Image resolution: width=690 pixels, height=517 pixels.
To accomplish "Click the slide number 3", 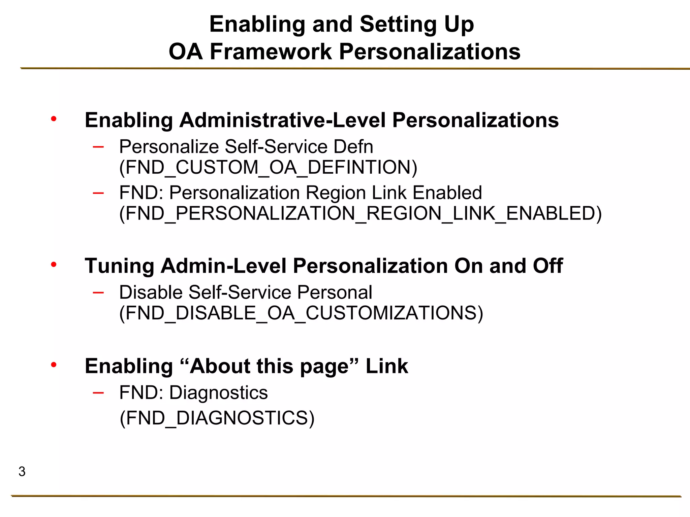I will click(x=22, y=472).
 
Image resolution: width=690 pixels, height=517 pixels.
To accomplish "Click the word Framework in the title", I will click(x=271, y=52).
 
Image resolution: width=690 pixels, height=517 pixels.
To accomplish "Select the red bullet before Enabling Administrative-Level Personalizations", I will click(x=54, y=119).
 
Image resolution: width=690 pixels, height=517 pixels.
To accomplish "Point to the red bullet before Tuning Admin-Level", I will click(x=54, y=265).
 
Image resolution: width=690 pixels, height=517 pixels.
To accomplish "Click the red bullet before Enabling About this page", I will click(x=54, y=365).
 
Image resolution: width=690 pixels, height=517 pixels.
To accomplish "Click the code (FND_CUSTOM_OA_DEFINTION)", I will click(x=268, y=167).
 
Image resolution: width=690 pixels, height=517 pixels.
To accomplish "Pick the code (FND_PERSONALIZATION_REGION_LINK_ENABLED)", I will click(x=360, y=213).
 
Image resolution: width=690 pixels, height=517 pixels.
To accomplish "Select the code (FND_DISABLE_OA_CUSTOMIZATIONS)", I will click(x=301, y=313).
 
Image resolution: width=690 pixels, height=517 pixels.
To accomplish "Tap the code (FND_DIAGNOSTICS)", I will click(x=217, y=418).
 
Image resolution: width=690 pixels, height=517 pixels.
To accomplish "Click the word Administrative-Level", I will click(x=282, y=120).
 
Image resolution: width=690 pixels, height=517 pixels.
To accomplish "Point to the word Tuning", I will click(x=119, y=266).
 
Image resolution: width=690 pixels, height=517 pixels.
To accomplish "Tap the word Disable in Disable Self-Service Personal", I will click(x=151, y=292).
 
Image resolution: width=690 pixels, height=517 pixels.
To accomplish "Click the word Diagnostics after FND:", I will click(x=218, y=393).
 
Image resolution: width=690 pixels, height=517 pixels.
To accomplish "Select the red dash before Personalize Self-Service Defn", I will click(x=98, y=146).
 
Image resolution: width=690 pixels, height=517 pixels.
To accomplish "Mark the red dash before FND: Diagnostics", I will click(x=98, y=392).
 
